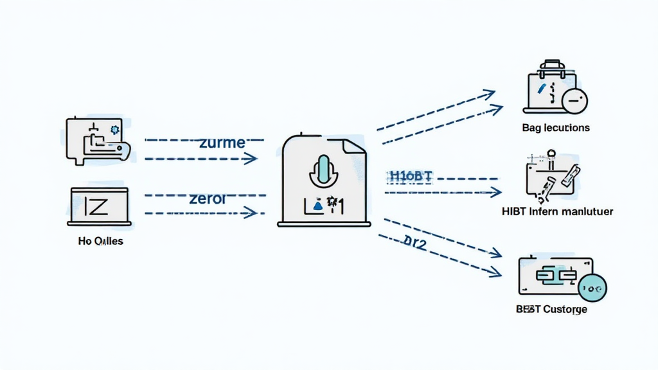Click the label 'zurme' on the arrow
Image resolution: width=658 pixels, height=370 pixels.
[x=222, y=143]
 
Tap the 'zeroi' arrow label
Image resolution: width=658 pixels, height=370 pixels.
[x=208, y=198]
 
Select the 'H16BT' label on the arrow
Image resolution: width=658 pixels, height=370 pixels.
[x=411, y=176]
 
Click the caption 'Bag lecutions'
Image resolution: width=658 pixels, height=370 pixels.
[x=556, y=128]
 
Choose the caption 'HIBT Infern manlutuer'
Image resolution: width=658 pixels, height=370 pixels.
[x=557, y=211]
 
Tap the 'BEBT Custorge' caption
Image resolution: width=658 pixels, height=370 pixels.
[x=551, y=309]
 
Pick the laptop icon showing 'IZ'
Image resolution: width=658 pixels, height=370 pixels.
[x=99, y=206]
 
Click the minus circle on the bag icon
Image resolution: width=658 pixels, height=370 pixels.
[x=574, y=101]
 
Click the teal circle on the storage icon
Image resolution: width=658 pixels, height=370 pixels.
[x=592, y=289]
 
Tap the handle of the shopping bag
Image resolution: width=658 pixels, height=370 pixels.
[x=551, y=66]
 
